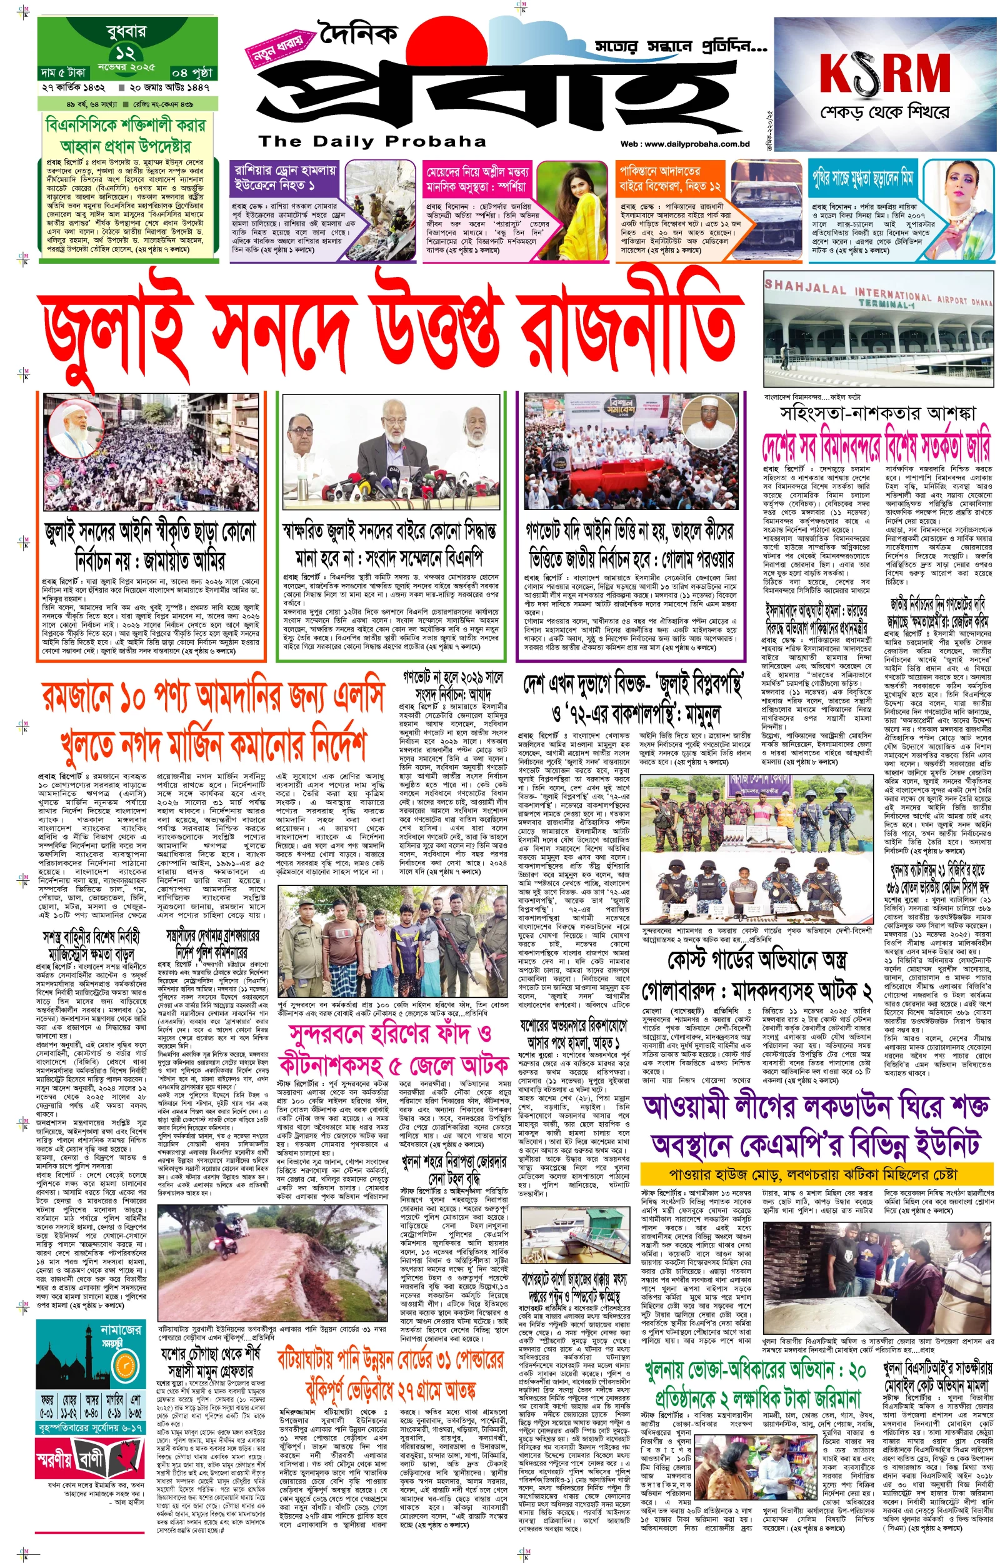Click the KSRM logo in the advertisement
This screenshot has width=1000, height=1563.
coord(884,73)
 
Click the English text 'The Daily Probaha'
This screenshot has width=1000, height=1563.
coord(372,141)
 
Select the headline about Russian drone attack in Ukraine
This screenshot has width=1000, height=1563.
coord(285,178)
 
